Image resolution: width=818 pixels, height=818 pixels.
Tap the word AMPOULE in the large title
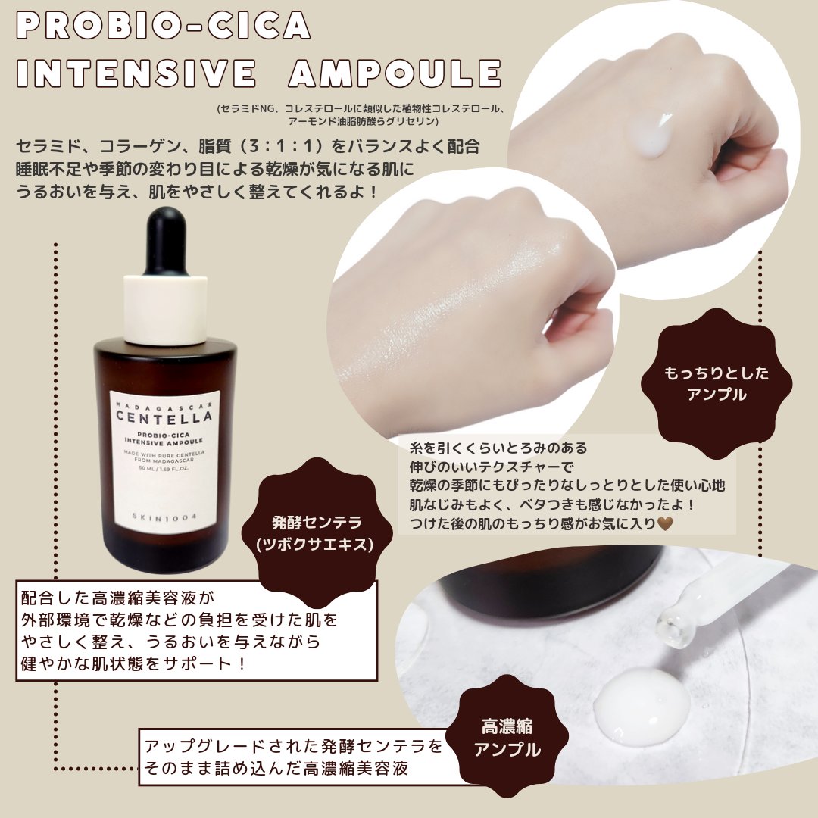(x=395, y=73)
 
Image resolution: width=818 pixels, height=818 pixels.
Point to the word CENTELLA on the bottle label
(x=164, y=417)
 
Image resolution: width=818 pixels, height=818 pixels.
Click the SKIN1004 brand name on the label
(x=164, y=517)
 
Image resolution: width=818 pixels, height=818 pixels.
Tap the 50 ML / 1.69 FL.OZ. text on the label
(x=164, y=468)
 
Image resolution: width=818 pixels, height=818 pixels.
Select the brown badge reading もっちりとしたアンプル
(x=717, y=383)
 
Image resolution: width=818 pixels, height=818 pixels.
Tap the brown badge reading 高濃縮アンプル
(x=507, y=737)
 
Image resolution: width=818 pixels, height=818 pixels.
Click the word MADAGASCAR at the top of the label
(x=164, y=404)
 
